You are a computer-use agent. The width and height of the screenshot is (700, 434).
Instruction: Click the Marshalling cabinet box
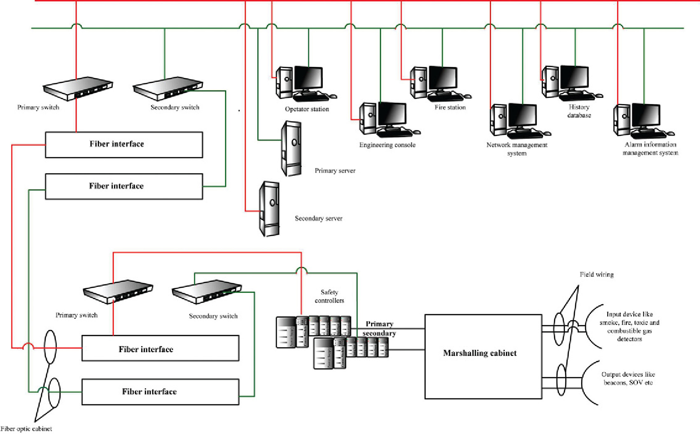(x=483, y=357)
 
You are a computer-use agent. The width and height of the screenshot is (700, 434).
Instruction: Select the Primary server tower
(x=291, y=148)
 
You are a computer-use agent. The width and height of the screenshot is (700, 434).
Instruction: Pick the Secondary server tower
(x=269, y=209)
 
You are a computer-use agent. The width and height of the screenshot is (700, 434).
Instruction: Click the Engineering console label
(x=387, y=145)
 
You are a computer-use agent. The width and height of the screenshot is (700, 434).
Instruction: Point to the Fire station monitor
(x=442, y=78)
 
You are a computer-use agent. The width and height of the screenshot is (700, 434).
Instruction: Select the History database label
(x=579, y=111)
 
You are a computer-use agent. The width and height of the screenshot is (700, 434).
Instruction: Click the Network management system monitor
(x=523, y=116)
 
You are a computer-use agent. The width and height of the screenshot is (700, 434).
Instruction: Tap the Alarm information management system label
(x=650, y=149)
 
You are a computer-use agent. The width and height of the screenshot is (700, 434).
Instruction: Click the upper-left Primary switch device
(x=78, y=88)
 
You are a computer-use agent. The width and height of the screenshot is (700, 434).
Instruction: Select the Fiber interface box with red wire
(x=124, y=145)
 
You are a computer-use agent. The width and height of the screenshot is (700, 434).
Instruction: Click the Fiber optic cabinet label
(x=26, y=429)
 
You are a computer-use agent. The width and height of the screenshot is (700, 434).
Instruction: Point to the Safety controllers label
(x=329, y=296)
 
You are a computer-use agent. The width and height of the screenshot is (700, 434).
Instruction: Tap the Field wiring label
(x=596, y=275)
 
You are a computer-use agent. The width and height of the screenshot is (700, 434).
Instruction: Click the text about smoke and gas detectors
(x=629, y=327)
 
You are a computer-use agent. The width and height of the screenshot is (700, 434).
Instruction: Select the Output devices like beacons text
(x=628, y=378)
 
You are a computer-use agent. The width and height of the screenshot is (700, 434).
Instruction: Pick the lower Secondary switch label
(x=213, y=316)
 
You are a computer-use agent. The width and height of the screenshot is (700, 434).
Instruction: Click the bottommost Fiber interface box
(x=160, y=392)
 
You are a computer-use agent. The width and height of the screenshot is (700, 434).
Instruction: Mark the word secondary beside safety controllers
(x=379, y=333)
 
